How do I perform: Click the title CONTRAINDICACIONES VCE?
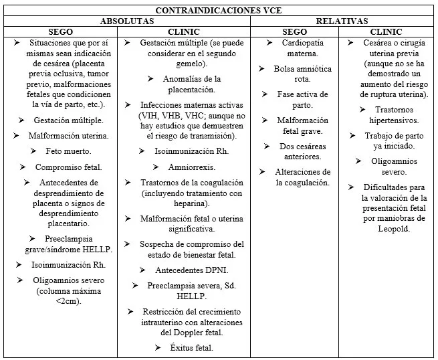click(219, 11)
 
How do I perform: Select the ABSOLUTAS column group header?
click(127, 21)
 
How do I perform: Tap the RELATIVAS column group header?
click(343, 21)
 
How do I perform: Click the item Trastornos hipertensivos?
click(393, 114)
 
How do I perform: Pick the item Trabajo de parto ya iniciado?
click(394, 141)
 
